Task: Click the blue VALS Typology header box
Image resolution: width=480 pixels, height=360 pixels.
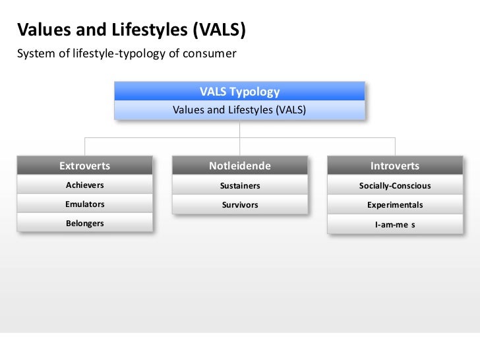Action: pyautogui.click(x=239, y=92)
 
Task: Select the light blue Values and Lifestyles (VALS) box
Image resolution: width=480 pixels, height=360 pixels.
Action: pyautogui.click(x=239, y=110)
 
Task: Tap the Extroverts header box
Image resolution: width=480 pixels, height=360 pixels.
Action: pyautogui.click(x=84, y=165)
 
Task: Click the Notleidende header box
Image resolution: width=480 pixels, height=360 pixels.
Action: pyautogui.click(x=239, y=165)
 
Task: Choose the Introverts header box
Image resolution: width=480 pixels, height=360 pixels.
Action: pyautogui.click(x=394, y=165)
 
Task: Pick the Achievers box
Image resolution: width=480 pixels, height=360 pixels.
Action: pyautogui.click(x=84, y=185)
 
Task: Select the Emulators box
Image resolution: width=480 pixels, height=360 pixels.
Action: pyautogui.click(x=84, y=204)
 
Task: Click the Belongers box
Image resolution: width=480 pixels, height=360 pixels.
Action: pyautogui.click(x=84, y=224)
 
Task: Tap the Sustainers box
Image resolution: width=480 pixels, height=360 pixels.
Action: pyautogui.click(x=239, y=186)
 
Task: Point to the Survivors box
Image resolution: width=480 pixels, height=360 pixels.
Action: pyautogui.click(x=239, y=205)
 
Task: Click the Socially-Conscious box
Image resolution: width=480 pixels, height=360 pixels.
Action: pyautogui.click(x=394, y=186)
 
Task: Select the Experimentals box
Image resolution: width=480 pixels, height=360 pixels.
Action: pyautogui.click(x=394, y=205)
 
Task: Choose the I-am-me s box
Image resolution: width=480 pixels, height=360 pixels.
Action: pyautogui.click(x=394, y=224)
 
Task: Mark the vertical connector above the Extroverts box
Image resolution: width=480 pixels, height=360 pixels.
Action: pyautogui.click(x=84, y=146)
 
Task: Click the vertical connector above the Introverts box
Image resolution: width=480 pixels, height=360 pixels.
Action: pyautogui.click(x=394, y=146)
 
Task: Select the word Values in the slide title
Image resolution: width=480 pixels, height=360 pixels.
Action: pyautogui.click(x=40, y=30)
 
